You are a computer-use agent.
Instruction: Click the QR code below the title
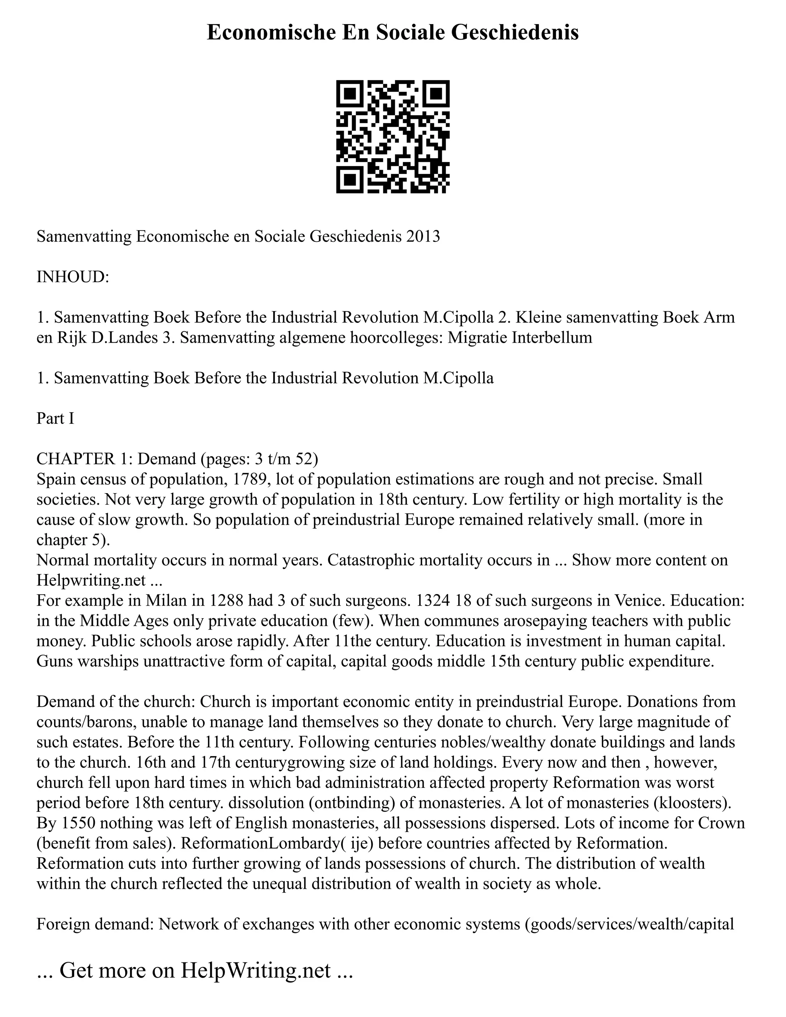[393, 137]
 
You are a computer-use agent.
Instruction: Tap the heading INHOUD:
[73, 277]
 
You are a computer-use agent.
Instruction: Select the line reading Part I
[55, 418]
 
